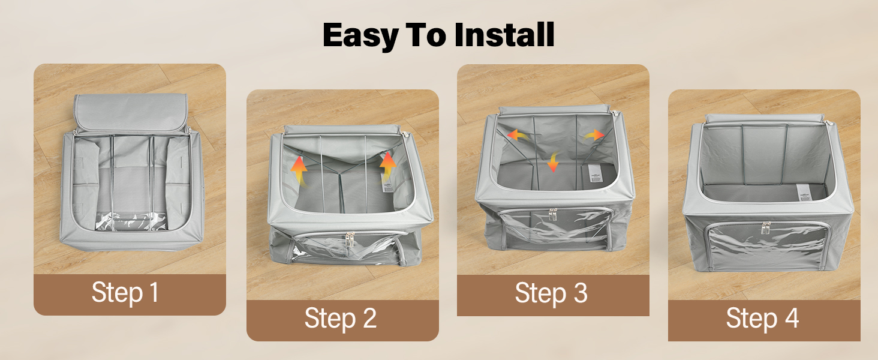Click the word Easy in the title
pos(361,35)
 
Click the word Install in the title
pos(504,35)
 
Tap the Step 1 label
pos(125,293)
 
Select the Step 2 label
pos(340,318)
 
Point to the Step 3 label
pos(551,293)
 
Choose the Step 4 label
pos(762,318)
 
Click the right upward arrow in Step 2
pos(387,167)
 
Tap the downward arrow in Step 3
pos(553,161)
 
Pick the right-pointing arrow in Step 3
pos(595,135)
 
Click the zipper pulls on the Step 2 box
pos(350,239)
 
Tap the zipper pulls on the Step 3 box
pos(553,215)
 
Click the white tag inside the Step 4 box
pos(804,192)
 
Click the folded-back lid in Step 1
pos(130,113)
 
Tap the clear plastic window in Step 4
pos(767,244)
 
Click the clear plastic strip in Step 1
pos(131,221)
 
